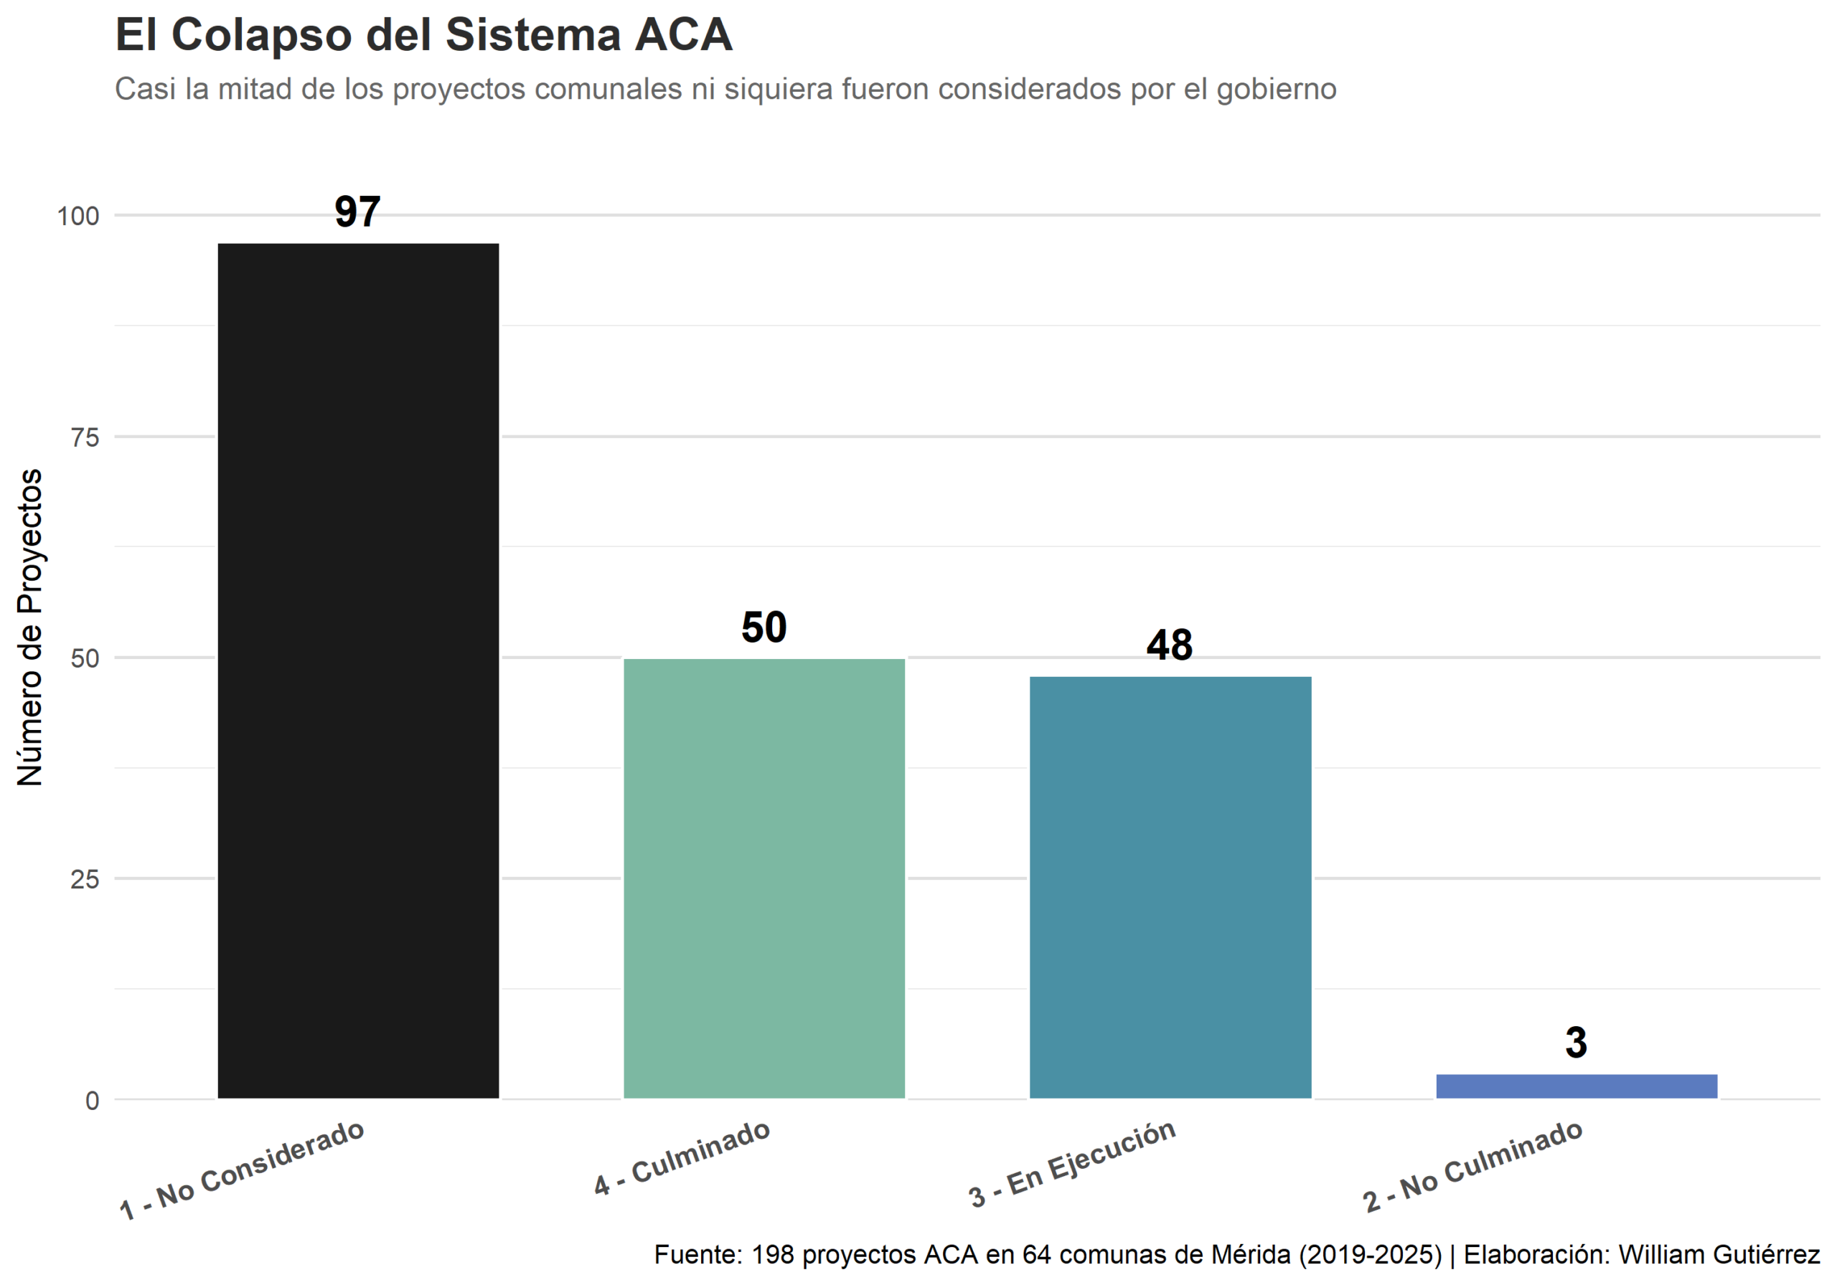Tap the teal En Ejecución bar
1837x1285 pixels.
click(1170, 887)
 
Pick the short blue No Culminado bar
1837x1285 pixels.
click(1577, 1086)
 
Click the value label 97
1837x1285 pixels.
click(357, 212)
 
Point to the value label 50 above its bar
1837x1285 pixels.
click(764, 627)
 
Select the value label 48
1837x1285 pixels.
click(1169, 645)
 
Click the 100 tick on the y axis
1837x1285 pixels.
click(77, 216)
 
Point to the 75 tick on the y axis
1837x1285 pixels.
click(85, 437)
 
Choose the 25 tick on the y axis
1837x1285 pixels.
click(85, 880)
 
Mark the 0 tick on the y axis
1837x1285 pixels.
click(92, 1101)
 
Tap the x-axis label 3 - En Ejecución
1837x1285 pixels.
click(1072, 1164)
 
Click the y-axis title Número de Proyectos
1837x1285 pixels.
click(30, 627)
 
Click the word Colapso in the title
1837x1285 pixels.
click(262, 35)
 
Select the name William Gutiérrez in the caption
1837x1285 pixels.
click(1719, 1254)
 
